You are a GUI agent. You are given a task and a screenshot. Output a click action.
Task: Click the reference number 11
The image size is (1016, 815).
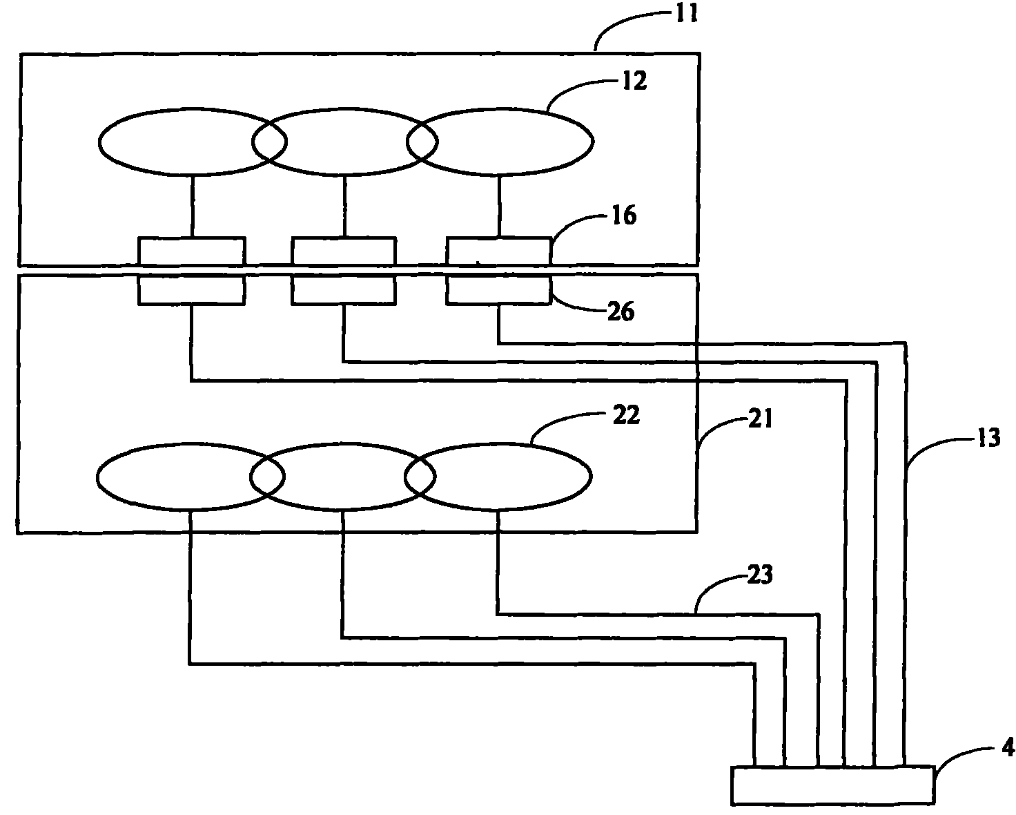pyautogui.click(x=685, y=15)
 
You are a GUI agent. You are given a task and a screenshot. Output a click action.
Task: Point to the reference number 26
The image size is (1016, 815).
pyautogui.click(x=620, y=312)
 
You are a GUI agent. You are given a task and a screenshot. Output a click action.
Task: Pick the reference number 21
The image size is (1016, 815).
pyautogui.click(x=759, y=420)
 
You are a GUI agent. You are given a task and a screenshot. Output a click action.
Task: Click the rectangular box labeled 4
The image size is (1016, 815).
pyautogui.click(x=832, y=785)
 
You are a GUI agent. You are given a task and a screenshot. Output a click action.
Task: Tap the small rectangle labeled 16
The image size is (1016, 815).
pyautogui.click(x=499, y=251)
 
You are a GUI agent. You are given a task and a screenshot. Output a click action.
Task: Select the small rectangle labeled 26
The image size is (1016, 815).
pyautogui.click(x=499, y=290)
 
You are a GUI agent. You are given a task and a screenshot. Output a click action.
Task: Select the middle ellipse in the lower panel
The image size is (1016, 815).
pyautogui.click(x=342, y=476)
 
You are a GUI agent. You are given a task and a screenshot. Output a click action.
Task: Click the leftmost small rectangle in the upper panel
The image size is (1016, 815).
pyautogui.click(x=191, y=251)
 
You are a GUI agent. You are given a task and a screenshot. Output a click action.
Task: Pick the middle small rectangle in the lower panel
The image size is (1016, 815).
pyautogui.click(x=344, y=290)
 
